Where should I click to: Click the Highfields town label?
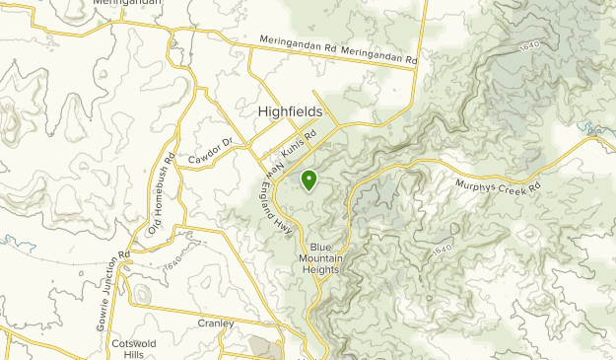click(290, 112)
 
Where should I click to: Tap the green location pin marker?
click(308, 180)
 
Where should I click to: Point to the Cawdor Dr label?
click(210, 151)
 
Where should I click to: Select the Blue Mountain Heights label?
click(324, 257)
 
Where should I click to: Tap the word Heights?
click(324, 269)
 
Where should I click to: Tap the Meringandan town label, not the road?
click(128, 3)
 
